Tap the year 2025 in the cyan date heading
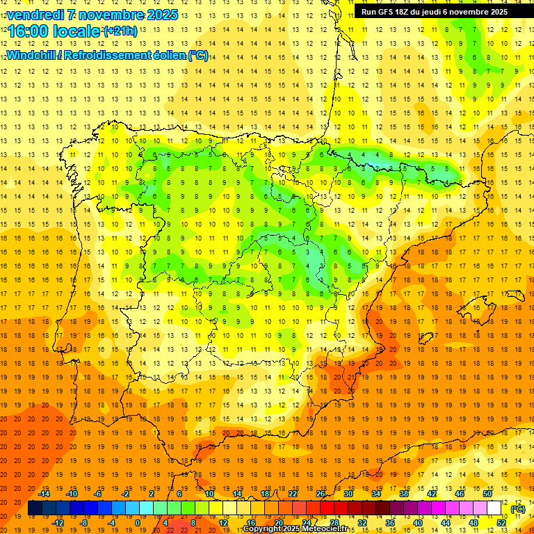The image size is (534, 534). [x=161, y=15]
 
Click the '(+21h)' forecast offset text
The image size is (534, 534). [x=120, y=31]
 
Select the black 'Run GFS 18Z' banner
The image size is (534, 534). [x=435, y=11]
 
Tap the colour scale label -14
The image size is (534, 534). [x=44, y=494]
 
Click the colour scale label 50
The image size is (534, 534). [x=487, y=494]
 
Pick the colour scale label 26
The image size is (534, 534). [x=321, y=494]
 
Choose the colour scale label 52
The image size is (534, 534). [x=501, y=523]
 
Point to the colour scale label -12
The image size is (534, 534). [x=58, y=523]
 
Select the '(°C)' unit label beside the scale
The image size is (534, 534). [x=518, y=508]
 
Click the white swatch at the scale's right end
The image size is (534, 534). [x=494, y=508]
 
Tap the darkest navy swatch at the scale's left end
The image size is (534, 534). [x=35, y=508]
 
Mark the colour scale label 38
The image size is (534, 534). [x=404, y=494]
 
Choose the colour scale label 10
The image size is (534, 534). [x=209, y=494]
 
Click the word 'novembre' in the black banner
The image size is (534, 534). [x=464, y=11]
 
